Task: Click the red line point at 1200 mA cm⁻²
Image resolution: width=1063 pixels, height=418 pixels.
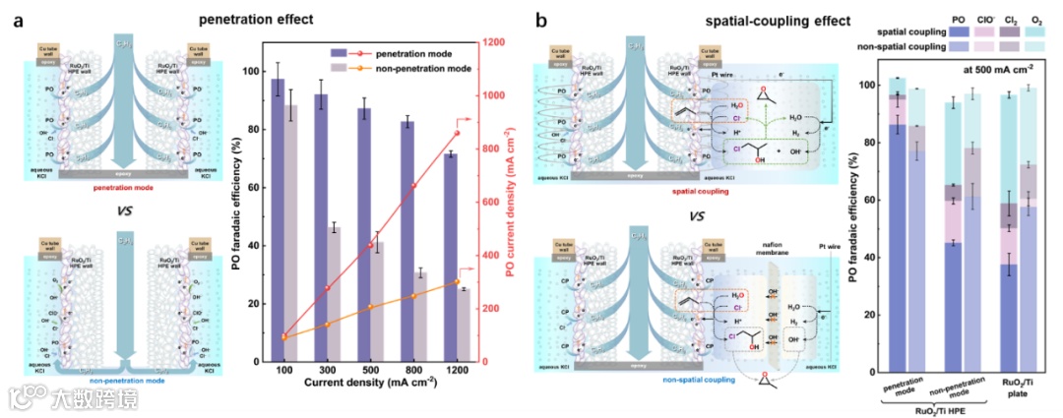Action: (x=457, y=133)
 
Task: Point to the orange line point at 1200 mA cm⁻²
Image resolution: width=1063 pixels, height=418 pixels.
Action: (x=457, y=282)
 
